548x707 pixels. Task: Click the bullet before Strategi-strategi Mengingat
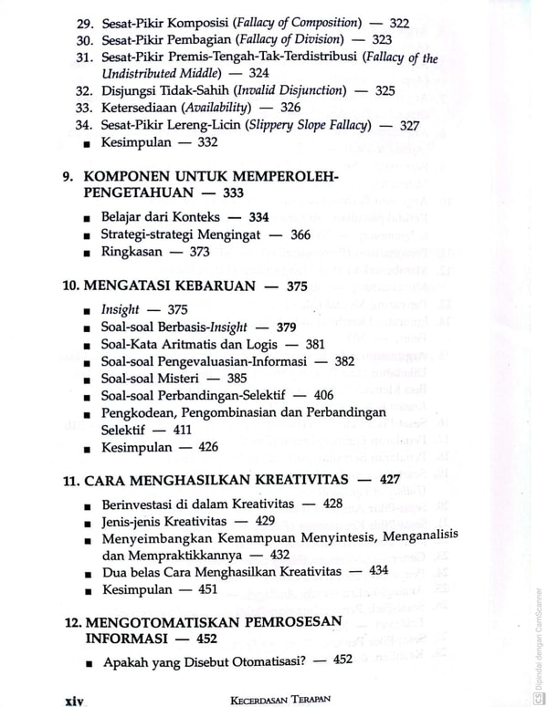coord(86,235)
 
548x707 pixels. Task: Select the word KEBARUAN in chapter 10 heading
coord(212,286)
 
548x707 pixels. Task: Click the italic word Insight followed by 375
coord(121,310)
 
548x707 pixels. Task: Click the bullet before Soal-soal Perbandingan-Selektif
coord(86,396)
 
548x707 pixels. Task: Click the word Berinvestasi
coord(143,504)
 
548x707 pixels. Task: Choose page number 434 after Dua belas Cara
coord(378,571)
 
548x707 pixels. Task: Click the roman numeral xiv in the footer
coord(74,700)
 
